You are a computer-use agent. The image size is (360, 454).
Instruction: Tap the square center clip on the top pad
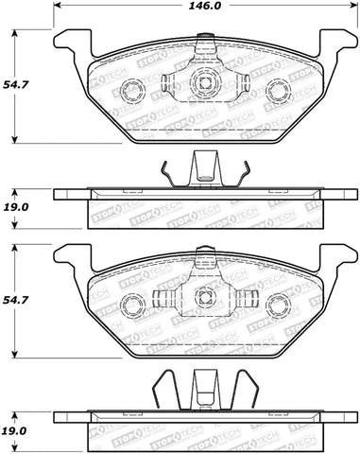pyautogui.click(x=202, y=81)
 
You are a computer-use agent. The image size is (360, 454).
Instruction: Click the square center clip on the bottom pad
pyautogui.click(x=202, y=298)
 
